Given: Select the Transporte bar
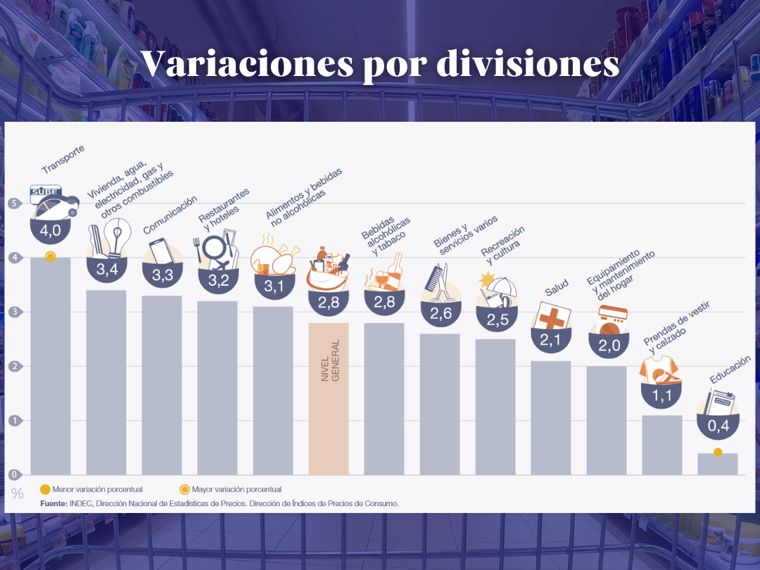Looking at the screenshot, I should click(51, 366).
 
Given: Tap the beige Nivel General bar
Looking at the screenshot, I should click(329, 398).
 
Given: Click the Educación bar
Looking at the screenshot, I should click(717, 464).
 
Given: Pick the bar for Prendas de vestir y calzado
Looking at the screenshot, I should click(662, 445).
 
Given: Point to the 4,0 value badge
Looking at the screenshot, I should click(51, 230).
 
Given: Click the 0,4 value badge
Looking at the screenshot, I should click(717, 426).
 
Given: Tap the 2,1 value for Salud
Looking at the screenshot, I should click(551, 341).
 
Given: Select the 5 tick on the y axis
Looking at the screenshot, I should click(13, 204).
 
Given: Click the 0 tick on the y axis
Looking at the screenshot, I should click(13, 475).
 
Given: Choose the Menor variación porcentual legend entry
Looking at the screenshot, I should click(91, 489).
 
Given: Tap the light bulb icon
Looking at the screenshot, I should click(118, 236).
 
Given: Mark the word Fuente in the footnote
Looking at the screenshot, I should click(53, 503).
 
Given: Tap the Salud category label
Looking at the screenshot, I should click(556, 288).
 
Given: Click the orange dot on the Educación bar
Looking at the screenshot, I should click(718, 452).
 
